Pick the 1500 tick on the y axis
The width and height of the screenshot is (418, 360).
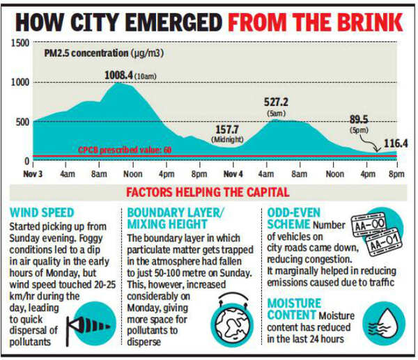pyautogui.click(x=20, y=43)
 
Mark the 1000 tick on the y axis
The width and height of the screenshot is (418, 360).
pyautogui.click(x=20, y=82)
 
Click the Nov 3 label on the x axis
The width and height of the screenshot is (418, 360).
pyautogui.click(x=33, y=173)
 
